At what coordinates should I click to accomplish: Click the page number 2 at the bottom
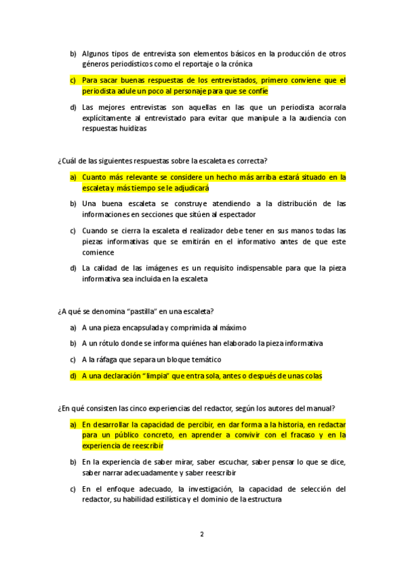pos(201,535)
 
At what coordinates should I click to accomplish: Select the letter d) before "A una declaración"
pos(73,376)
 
